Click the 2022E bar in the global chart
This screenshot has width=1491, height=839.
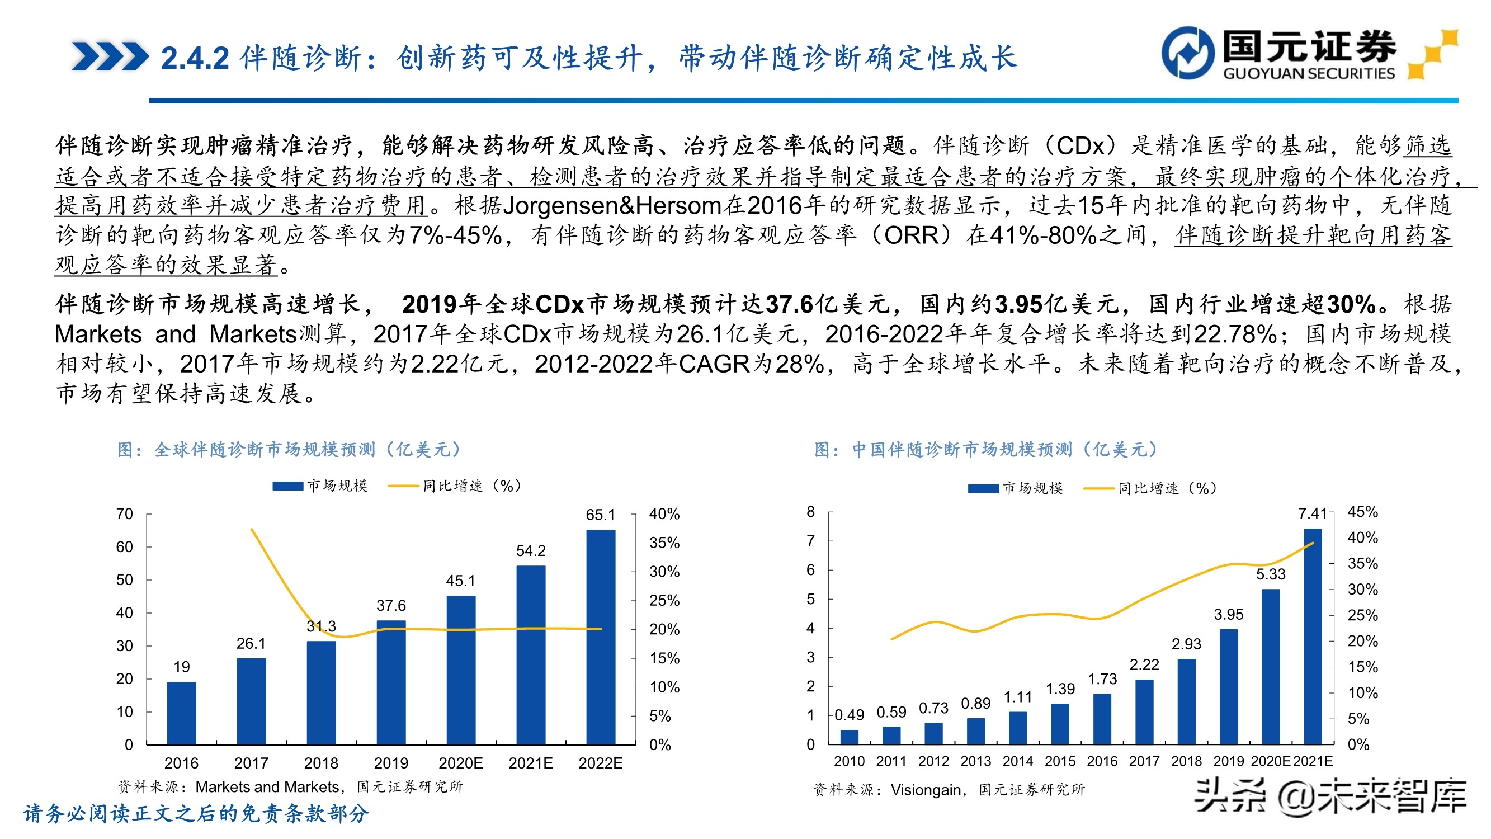pos(600,637)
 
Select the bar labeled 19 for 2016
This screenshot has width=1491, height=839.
pos(181,713)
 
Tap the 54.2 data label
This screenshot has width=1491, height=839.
pos(530,550)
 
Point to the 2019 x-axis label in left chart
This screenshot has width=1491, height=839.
pos(391,763)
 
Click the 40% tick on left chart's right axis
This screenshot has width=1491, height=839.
pos(664,514)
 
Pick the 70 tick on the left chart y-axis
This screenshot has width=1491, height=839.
pos(125,514)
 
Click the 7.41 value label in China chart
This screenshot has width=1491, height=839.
pos(1311,513)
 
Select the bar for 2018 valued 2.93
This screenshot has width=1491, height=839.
pos(1186,701)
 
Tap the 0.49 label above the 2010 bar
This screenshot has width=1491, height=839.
pos(848,715)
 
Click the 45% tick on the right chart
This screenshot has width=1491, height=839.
pos(1362,512)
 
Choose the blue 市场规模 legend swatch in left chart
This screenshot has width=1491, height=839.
pos(287,487)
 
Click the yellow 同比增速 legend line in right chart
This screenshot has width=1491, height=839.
pos(1098,489)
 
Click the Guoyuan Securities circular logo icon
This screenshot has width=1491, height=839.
pos(1188,52)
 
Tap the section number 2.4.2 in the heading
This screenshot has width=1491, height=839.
pos(195,59)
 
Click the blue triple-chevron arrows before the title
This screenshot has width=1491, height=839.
pos(110,56)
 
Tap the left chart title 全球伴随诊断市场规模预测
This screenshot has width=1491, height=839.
pos(265,450)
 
